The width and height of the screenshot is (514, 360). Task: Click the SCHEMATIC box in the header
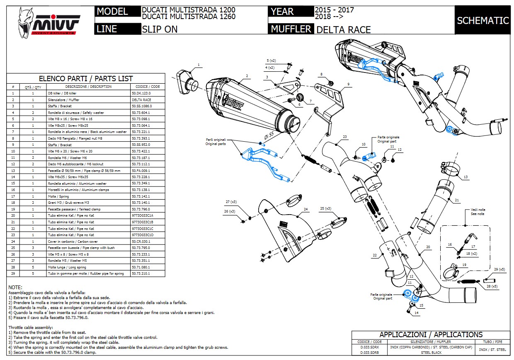coord(483,20)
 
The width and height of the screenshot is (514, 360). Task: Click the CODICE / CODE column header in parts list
coord(147,87)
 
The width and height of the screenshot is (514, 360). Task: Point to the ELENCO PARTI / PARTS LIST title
coord(85,78)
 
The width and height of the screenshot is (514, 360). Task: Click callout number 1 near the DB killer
coord(199,65)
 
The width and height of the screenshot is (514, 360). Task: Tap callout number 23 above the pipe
coord(344,137)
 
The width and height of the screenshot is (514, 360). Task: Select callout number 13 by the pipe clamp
coord(466,177)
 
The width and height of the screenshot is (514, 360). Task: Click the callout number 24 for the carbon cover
coord(305,209)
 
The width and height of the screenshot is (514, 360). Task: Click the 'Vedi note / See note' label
coord(478,212)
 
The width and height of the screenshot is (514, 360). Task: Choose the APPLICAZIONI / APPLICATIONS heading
coord(431,334)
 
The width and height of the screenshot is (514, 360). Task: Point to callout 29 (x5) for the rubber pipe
coord(499,270)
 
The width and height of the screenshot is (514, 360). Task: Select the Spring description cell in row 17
coord(58,196)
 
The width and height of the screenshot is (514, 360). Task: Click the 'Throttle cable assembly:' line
coord(27,327)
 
